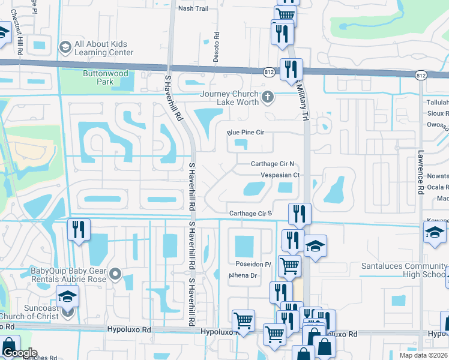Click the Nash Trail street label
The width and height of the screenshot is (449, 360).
193,8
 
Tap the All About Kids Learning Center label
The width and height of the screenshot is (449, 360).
104,48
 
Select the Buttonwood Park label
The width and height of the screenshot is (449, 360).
97,77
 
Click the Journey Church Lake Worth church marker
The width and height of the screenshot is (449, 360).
268,96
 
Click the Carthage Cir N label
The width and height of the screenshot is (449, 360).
272,164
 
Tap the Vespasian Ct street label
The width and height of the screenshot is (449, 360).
280,175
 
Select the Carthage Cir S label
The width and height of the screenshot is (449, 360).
251,214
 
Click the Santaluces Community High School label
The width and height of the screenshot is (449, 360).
403,270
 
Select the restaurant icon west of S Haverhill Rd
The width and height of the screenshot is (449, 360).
79,230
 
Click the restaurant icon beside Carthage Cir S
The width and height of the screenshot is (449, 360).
299,214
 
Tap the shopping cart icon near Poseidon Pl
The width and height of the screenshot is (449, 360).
289,265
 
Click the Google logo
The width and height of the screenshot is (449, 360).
19,353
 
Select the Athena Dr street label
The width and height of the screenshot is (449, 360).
243,276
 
